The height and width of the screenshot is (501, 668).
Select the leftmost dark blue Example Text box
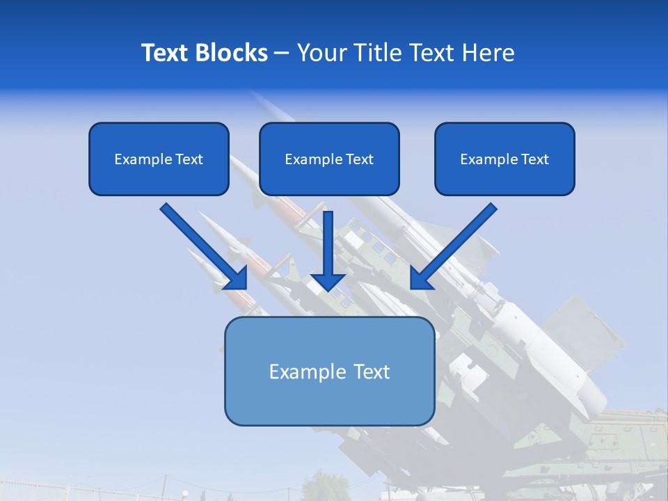tap(159, 159)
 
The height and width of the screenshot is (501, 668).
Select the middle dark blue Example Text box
tap(329, 159)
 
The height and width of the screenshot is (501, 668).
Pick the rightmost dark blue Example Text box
tap(504, 159)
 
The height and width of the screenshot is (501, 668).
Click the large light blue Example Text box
tap(329, 372)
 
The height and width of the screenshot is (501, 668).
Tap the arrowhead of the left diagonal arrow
tap(237, 278)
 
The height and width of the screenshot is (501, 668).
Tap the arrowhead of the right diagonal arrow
tap(420, 278)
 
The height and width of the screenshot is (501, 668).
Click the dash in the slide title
tap(282, 53)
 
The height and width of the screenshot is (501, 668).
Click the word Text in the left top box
tap(189, 159)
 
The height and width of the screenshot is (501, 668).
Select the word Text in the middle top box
tap(360, 159)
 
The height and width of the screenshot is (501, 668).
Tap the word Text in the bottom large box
tap(370, 372)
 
